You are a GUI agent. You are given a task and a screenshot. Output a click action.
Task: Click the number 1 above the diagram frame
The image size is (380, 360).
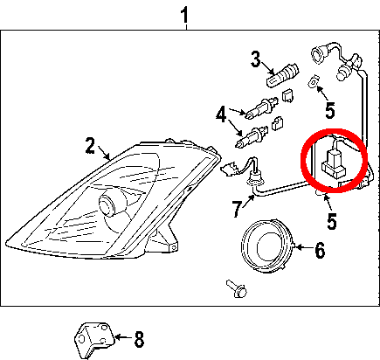pyautogui.click(x=184, y=15)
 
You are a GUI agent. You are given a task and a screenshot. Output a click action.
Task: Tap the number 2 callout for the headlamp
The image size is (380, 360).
pyautogui.click(x=90, y=146)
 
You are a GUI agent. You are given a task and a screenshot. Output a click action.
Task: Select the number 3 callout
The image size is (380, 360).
pyautogui.click(x=256, y=59)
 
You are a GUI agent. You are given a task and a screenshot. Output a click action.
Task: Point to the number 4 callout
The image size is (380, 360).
pyautogui.click(x=221, y=114)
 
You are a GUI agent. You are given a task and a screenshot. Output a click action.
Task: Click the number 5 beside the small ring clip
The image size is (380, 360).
pyautogui.click(x=330, y=110)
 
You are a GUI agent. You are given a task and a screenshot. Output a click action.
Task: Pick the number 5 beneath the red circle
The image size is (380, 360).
pyautogui.click(x=332, y=221)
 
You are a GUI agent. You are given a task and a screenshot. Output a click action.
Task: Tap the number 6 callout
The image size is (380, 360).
pyautogui.click(x=320, y=250)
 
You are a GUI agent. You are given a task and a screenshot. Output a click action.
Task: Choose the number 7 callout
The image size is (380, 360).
pyautogui.click(x=238, y=209)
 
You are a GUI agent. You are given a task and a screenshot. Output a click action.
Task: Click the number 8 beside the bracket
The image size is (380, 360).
pyautogui.click(x=139, y=340)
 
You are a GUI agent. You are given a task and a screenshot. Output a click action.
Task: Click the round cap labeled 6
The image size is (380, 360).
pyautogui.click(x=266, y=246)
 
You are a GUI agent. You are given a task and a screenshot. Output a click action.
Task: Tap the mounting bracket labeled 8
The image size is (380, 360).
pyautogui.click(x=93, y=340)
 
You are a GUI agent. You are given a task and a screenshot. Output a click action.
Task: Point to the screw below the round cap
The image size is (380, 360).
pyautogui.click(x=237, y=288)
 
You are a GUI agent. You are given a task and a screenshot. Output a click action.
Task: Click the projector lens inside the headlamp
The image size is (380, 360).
pyautogui.click(x=108, y=203)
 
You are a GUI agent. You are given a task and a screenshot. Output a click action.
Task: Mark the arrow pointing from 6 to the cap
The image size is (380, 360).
pyautogui.click(x=303, y=247)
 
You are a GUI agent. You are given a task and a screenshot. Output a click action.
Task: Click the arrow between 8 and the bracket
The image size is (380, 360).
pyautogui.click(x=123, y=337)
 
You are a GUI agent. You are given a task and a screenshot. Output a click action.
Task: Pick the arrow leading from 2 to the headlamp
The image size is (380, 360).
pyautogui.click(x=104, y=153)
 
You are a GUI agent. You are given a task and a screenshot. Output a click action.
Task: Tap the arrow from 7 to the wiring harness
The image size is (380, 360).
pyautogui.click(x=248, y=201)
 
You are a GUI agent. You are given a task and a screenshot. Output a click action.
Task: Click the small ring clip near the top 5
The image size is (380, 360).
pyautogui.click(x=313, y=81)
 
